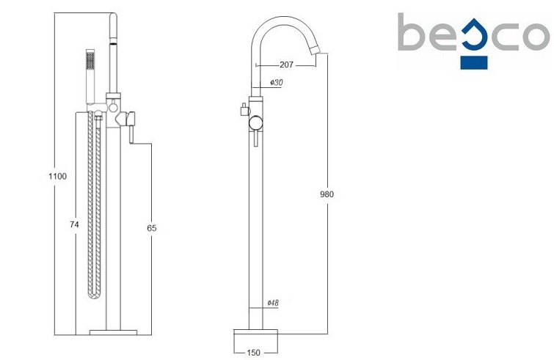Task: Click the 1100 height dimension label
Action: click(57, 176)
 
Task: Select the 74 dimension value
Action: click(74, 224)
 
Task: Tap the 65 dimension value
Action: click(152, 228)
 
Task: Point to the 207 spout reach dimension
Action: click(286, 65)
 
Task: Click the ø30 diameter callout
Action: click(277, 83)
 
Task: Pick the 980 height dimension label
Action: click(327, 194)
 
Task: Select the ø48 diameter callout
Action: click(273, 303)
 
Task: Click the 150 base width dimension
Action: click(253, 353)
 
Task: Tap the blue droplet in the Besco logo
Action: click(474, 35)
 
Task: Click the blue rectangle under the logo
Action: click(474, 62)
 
